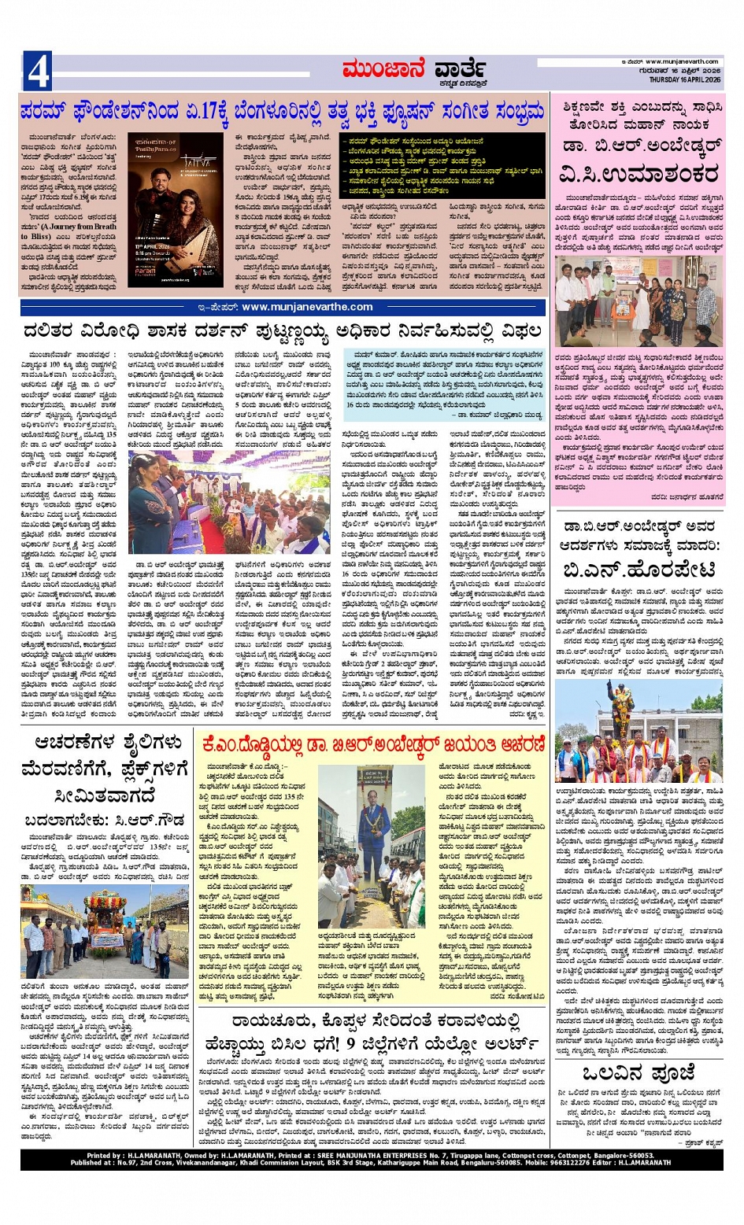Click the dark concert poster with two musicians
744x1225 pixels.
pyautogui.click(x=175, y=210)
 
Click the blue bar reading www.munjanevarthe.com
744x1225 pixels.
pyautogui.click(x=282, y=307)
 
